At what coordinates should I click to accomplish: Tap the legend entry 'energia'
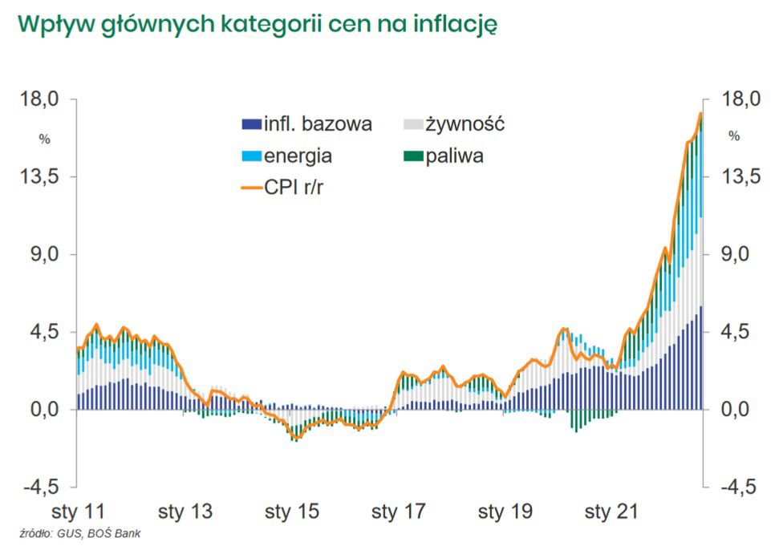298,156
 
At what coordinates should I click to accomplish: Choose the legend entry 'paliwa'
454,156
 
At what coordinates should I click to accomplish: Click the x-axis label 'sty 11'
78,512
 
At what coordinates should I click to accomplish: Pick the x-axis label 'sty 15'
292,512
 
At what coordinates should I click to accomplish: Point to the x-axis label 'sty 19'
505,512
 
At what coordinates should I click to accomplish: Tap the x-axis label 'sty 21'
611,512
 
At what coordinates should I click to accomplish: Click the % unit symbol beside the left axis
45,139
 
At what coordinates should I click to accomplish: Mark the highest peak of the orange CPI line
700,114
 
